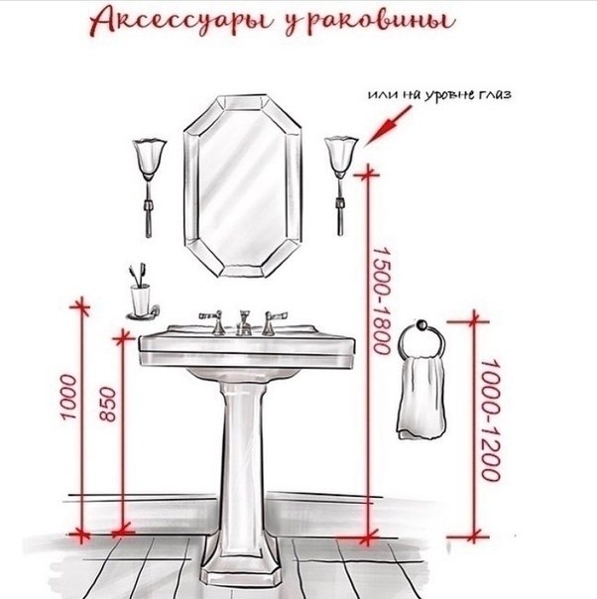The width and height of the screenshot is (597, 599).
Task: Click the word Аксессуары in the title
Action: pyautogui.click(x=181, y=22)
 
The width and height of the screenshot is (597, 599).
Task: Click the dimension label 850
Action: pyautogui.click(x=108, y=405)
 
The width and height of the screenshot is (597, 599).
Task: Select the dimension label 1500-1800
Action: pyautogui.click(x=382, y=300)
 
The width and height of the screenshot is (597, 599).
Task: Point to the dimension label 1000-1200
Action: pyautogui.click(x=490, y=419)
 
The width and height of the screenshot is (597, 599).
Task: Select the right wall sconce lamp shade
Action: pyautogui.click(x=341, y=158)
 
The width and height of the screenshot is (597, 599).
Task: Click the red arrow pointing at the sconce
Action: pyautogui.click(x=388, y=126)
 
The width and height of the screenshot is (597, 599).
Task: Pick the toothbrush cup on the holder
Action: pyautogui.click(x=140, y=299)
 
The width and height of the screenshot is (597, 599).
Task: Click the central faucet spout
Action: pyautogui.click(x=243, y=323)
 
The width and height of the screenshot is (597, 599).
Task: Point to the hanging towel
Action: pyautogui.click(x=422, y=397)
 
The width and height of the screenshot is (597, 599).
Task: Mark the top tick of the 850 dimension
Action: pyautogui.click(x=122, y=338)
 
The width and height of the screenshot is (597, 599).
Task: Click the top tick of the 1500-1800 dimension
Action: pyautogui.click(x=368, y=175)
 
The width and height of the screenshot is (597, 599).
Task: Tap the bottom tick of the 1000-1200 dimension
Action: pyautogui.click(x=474, y=537)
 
